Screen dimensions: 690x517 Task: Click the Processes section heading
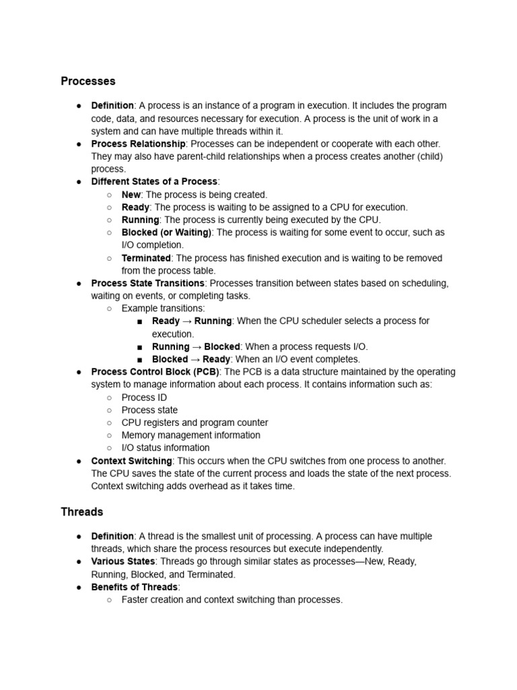tap(88, 82)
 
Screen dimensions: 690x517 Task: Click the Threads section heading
tap(81, 512)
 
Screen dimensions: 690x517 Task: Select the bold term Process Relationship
tap(138, 144)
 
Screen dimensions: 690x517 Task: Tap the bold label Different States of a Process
tap(154, 182)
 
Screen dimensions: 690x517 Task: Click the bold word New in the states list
tap(131, 195)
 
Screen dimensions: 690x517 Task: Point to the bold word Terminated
tap(146, 258)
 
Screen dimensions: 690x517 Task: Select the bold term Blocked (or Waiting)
tap(166, 232)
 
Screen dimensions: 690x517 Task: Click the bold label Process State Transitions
tap(147, 283)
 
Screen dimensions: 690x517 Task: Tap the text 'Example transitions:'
tap(163, 309)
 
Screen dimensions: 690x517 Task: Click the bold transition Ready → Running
tap(192, 321)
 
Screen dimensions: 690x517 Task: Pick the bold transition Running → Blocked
tap(196, 347)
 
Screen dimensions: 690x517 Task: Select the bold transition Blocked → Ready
tap(191, 360)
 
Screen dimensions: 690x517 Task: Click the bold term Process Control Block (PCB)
tap(155, 372)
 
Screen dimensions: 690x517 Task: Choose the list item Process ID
tap(144, 398)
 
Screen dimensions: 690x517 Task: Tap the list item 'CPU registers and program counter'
tap(195, 422)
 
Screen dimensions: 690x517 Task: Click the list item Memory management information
tap(191, 435)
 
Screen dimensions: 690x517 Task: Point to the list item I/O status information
tap(165, 448)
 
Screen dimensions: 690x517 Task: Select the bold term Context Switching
tap(131, 461)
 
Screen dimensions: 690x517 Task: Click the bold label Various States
tap(123, 561)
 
